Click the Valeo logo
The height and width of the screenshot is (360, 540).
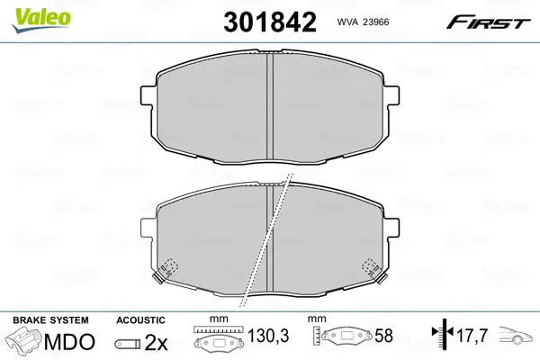click(x=41, y=20)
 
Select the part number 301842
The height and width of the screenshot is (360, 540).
click(x=270, y=22)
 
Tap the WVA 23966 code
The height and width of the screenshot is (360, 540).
click(x=363, y=22)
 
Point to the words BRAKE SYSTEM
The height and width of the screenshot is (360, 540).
click(x=50, y=320)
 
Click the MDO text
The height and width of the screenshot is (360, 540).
click(x=69, y=342)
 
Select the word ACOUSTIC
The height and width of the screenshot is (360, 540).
click(x=140, y=320)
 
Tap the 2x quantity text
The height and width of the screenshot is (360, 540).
click(x=156, y=342)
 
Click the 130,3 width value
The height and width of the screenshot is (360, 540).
click(x=268, y=336)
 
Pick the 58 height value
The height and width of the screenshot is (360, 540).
click(x=383, y=336)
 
